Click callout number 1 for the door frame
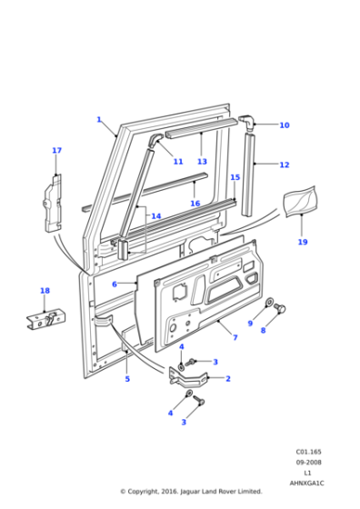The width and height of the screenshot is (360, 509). [99, 119]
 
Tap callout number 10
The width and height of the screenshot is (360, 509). [284, 125]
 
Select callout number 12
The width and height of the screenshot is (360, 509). [284, 165]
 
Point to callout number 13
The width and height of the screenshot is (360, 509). [202, 162]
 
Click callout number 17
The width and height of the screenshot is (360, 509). [56, 150]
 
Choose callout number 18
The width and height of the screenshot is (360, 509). [45, 291]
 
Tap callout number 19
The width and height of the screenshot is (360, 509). [303, 243]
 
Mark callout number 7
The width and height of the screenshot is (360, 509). [235, 338]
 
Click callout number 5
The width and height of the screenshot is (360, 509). [127, 378]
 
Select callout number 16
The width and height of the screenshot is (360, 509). [195, 204]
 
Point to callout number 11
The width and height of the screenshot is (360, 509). [178, 162]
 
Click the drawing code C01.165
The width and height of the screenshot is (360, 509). [308, 450]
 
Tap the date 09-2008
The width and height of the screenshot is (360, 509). [308, 461]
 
